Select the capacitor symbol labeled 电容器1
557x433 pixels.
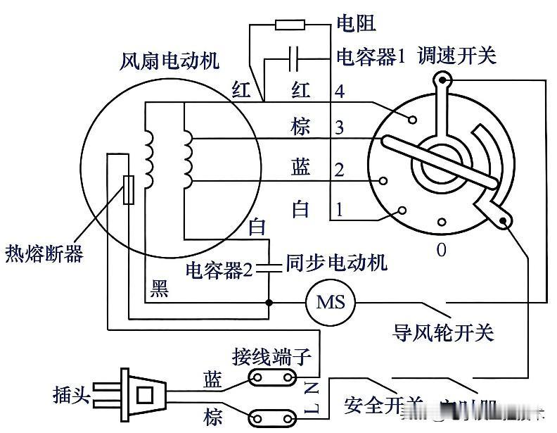tap(295, 55)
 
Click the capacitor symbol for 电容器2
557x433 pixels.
tap(270, 267)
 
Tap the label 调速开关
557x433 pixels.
tap(457, 55)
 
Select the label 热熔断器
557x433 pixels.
tap(44, 252)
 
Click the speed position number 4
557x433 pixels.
tap(340, 91)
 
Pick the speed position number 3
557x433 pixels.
tap(340, 128)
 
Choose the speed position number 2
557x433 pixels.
tap(340, 169)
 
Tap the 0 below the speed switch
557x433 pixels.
tap(441, 250)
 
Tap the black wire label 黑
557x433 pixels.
tap(160, 289)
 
